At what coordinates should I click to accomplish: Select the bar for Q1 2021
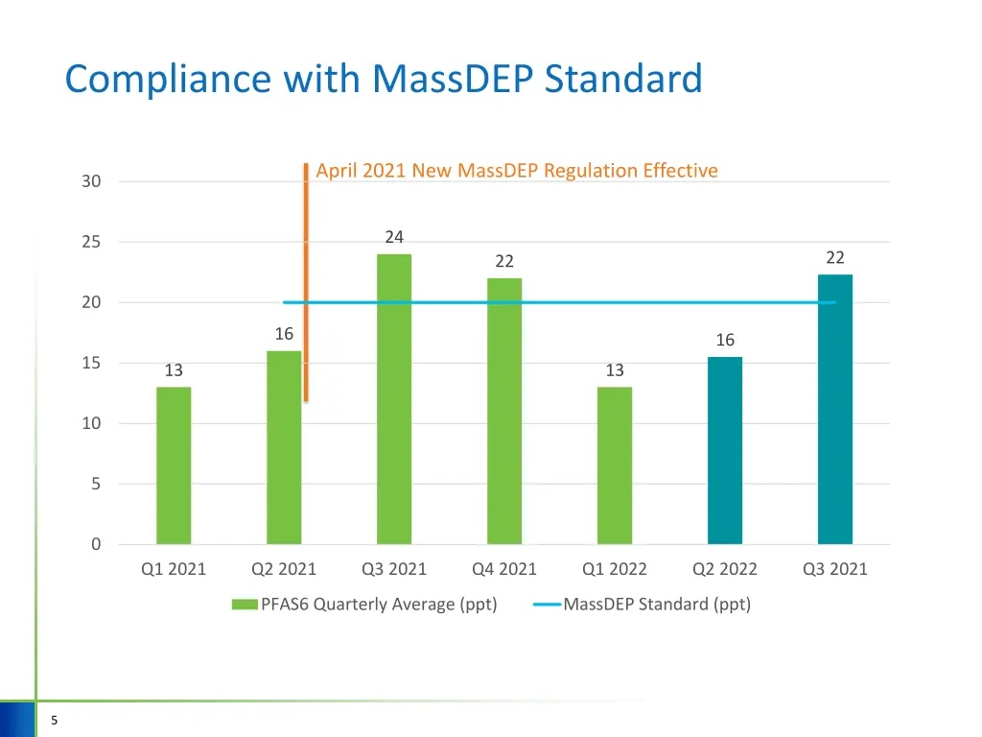174,465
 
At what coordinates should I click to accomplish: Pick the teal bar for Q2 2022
725,450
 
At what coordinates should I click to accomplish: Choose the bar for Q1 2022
615,465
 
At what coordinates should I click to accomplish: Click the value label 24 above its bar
394,237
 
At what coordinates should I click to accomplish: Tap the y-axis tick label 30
91,181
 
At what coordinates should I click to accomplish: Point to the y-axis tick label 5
96,485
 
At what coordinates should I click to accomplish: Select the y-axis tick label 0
96,545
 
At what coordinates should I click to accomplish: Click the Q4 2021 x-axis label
504,569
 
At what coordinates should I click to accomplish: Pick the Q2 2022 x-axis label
725,569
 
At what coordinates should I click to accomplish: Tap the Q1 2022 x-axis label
615,569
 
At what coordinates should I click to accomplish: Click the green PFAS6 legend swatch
245,605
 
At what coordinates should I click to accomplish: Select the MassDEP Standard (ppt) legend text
657,605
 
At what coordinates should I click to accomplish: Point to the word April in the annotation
337,171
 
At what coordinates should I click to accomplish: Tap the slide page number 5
55,722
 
